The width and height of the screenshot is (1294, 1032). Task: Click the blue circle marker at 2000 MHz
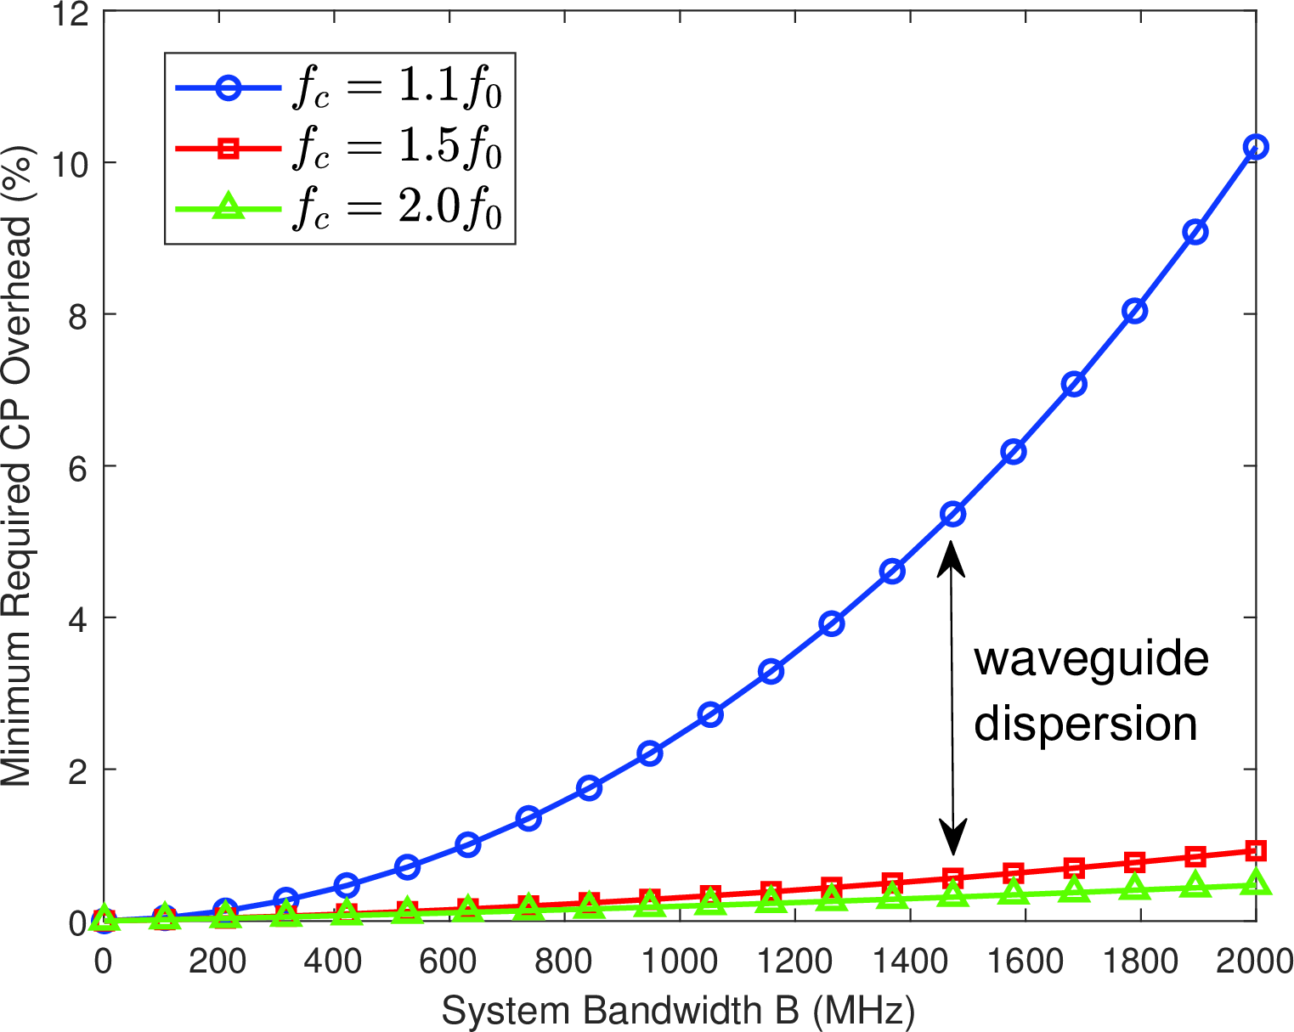[x=1256, y=147]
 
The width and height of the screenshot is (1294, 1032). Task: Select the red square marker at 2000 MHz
[x=1256, y=850]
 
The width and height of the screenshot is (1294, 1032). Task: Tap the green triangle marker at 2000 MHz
[x=1256, y=884]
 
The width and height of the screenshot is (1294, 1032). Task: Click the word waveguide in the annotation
[x=1091, y=659]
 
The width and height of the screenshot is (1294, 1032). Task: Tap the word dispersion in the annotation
[x=1085, y=724]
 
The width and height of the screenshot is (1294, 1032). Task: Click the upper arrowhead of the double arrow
[x=952, y=556]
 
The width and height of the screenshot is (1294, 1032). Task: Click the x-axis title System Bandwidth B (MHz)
[x=678, y=1011]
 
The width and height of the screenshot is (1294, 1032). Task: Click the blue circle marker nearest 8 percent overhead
[x=1134, y=311]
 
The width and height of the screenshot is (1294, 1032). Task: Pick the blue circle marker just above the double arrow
[x=952, y=514]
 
